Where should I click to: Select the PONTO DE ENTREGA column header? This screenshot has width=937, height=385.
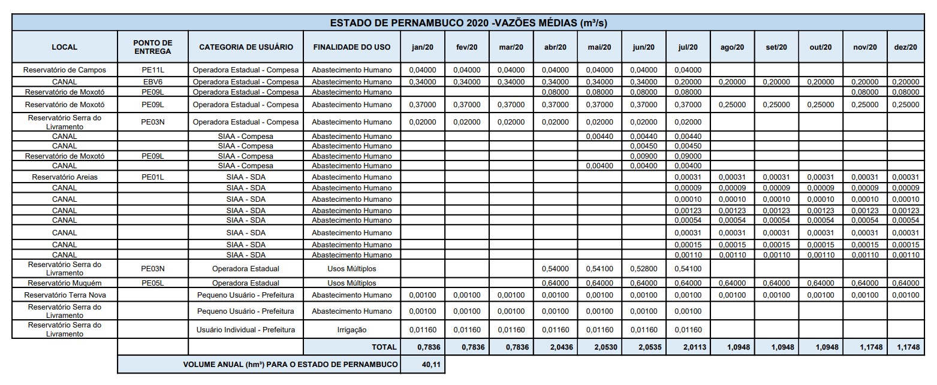tap(153, 47)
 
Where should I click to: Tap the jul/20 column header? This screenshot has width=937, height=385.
tap(688, 47)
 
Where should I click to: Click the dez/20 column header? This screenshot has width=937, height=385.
tap(905, 47)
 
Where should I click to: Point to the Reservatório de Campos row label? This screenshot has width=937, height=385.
tap(64, 70)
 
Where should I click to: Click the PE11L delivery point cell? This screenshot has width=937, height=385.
tap(153, 70)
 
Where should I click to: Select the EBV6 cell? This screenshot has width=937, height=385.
tap(153, 81)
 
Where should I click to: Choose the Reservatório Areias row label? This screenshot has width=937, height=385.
tap(64, 177)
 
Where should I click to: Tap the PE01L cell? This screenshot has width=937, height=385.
tap(153, 177)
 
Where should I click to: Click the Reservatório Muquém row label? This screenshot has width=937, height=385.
tap(64, 283)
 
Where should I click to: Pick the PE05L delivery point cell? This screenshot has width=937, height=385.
tap(153, 283)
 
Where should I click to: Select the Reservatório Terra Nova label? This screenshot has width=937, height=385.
tap(64, 295)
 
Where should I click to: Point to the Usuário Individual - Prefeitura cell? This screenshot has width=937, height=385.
tap(246, 329)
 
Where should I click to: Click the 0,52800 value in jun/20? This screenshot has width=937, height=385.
tap(643, 269)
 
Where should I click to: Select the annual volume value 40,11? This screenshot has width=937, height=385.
tap(423, 364)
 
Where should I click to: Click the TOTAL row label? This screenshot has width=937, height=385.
tap(384, 347)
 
